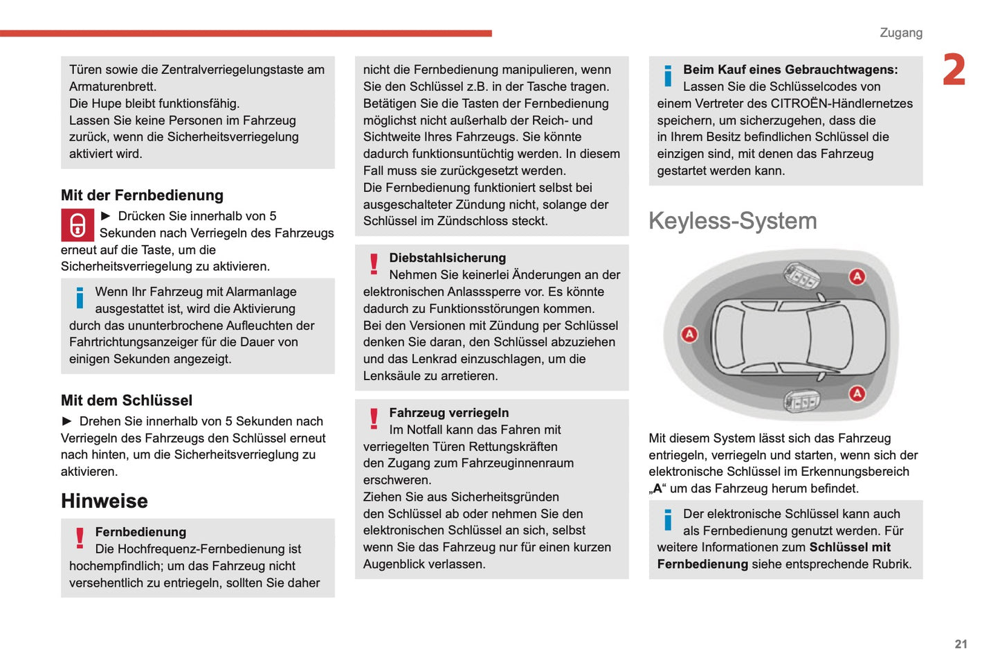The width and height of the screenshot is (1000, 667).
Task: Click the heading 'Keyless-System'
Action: tap(732, 221)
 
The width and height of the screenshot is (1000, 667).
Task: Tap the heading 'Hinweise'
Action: tap(104, 501)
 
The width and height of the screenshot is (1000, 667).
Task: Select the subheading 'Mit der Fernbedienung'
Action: tap(142, 195)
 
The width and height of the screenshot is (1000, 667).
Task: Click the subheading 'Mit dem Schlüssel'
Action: tap(127, 400)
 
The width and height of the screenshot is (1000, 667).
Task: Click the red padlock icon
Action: tap(78, 225)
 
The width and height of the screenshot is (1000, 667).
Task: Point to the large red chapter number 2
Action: tap(954, 71)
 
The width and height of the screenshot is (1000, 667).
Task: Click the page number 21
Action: tap(961, 644)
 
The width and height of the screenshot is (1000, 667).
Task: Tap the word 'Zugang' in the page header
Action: tap(900, 33)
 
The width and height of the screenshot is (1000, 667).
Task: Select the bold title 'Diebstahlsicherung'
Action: tap(447, 258)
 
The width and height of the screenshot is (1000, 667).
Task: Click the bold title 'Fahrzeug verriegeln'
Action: tap(448, 413)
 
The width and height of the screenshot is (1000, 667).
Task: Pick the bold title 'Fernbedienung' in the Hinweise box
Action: tap(140, 532)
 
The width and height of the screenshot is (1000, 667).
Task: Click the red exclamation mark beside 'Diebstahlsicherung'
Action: tap(374, 264)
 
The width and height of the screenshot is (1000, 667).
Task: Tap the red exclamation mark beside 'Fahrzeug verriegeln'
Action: tap(374, 419)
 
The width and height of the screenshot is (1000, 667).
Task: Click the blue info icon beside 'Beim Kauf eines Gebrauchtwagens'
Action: tap(668, 75)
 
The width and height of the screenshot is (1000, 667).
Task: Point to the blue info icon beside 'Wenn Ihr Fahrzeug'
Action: tap(80, 298)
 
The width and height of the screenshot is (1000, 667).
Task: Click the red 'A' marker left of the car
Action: tap(689, 335)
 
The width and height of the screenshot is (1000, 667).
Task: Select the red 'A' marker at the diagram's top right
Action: tap(857, 277)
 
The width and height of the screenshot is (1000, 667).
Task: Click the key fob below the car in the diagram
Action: tap(801, 400)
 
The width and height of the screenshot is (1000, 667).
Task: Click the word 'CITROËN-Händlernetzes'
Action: tap(842, 103)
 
